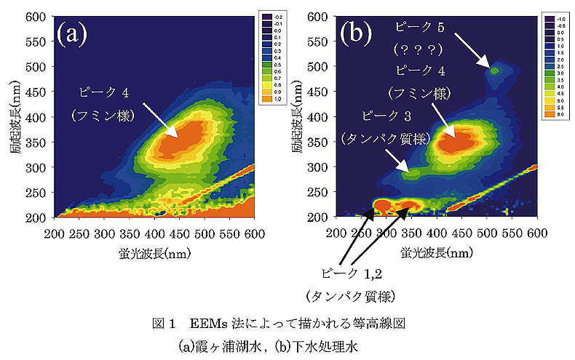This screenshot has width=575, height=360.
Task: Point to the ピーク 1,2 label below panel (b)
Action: point(350,273)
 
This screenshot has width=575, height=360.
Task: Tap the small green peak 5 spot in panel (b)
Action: point(495,71)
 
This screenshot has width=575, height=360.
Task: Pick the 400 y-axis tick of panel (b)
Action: point(325,117)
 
